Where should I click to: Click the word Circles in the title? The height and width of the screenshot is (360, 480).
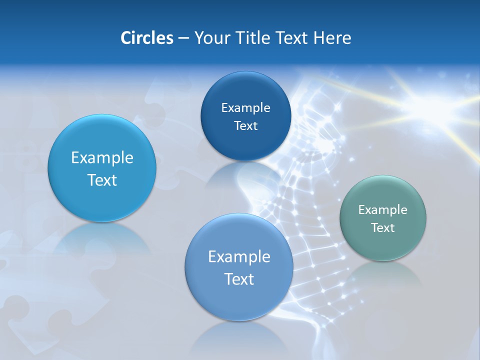coord(146,38)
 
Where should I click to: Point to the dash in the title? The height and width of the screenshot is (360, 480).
coord(183,38)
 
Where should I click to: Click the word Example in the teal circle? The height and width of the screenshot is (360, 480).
coord(383,210)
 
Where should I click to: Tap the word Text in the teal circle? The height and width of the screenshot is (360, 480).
coord(383,228)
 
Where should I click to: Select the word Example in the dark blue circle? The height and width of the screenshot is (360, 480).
coord(245,108)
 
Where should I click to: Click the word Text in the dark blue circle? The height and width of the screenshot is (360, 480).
coord(245,126)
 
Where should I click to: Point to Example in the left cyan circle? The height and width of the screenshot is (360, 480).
coord(102,158)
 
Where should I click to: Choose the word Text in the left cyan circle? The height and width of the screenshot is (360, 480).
coord(102,180)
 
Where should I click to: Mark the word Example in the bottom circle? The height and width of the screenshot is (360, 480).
coord(239,257)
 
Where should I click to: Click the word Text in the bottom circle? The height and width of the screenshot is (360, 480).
coord(239,279)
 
